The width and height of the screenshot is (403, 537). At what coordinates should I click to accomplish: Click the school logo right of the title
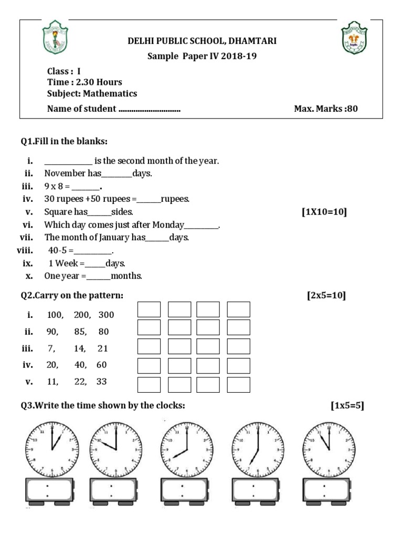coord(354,37)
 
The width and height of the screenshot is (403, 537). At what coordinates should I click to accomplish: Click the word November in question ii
coord(63,173)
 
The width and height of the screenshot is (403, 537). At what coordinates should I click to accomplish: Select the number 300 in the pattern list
coord(106,315)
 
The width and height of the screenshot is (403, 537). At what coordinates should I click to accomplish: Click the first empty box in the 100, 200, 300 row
coord(149,309)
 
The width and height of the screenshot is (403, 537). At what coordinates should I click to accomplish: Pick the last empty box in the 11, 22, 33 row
coord(239,384)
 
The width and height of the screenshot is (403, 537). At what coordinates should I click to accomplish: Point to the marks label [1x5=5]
coord(347,405)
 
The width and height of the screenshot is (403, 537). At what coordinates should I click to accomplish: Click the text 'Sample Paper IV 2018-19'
coord(202,56)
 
